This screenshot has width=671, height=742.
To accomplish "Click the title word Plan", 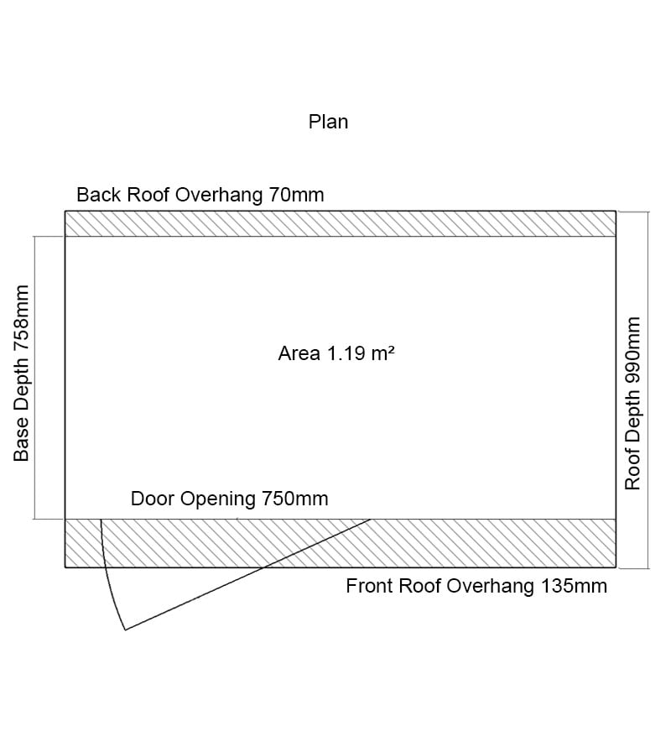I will (328, 122).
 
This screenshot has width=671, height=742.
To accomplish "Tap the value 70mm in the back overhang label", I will (296, 196).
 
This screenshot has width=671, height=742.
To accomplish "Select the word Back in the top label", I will (99, 196).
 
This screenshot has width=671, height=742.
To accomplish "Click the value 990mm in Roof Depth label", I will (633, 351).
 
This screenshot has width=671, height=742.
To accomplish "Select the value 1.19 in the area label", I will (341, 353).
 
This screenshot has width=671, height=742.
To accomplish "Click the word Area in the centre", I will (298, 353).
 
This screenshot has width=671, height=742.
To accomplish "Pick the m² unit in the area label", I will (382, 353).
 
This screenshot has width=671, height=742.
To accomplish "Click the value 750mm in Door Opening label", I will (294, 499).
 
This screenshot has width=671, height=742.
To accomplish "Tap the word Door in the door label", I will (151, 499).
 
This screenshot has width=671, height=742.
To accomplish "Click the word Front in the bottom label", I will (370, 586).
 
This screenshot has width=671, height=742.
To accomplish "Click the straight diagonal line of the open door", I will (252, 573).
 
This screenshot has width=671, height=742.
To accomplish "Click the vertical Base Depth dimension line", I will (34, 378).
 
